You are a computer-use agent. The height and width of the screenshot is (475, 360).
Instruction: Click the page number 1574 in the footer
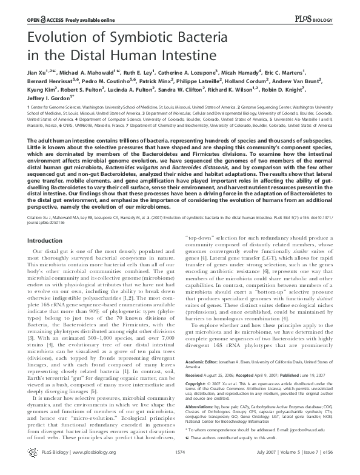point(180,470)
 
